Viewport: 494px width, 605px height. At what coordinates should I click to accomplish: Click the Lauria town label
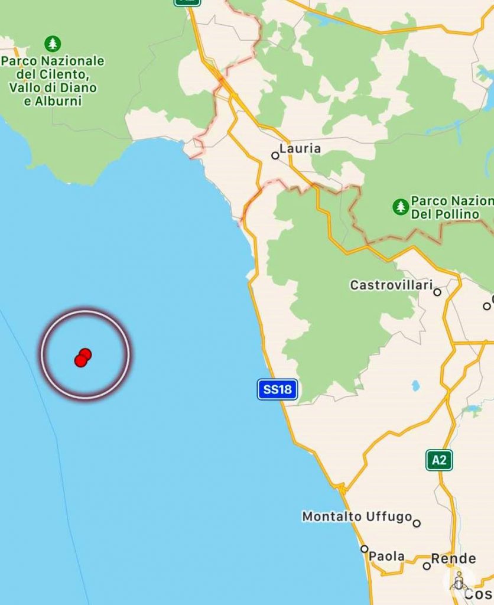pos(300,148)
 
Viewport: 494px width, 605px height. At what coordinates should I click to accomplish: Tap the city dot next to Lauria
pos(275,155)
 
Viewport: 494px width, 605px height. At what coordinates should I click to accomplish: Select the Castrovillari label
pos(391,285)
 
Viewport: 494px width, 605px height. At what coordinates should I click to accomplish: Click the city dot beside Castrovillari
pos(437,292)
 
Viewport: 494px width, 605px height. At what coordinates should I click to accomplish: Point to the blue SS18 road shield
pos(277,389)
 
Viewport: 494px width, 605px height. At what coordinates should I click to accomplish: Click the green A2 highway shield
pos(439,460)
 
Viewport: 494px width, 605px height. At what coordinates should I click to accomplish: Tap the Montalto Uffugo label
pos(357,516)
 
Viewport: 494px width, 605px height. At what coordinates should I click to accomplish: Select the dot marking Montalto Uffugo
pos(417,523)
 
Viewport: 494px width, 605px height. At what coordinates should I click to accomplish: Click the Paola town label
pos(387,556)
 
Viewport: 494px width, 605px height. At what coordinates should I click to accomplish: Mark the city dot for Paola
pos(365,549)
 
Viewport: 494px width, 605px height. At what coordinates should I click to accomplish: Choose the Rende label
pos(453,558)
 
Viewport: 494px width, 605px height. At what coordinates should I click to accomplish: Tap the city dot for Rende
pos(427,566)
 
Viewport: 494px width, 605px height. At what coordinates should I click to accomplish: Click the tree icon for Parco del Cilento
pos(53,44)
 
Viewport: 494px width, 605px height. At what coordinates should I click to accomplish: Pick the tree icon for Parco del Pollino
pos(401,207)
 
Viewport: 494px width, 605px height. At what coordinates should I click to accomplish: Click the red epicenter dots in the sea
pos(83,357)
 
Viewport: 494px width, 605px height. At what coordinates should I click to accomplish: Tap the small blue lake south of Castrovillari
pos(415,386)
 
